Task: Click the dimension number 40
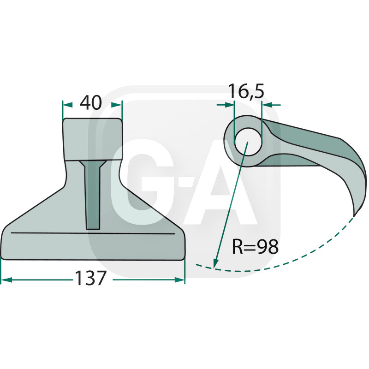point(90,102)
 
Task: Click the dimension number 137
point(90,278)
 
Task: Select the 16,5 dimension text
point(246,91)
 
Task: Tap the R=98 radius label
point(255,246)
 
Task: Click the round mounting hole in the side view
point(248,142)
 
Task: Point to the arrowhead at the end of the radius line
point(215,263)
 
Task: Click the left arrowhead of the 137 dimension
point(6,280)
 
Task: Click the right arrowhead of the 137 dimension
point(179,280)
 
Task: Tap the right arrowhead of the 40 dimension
point(117,105)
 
